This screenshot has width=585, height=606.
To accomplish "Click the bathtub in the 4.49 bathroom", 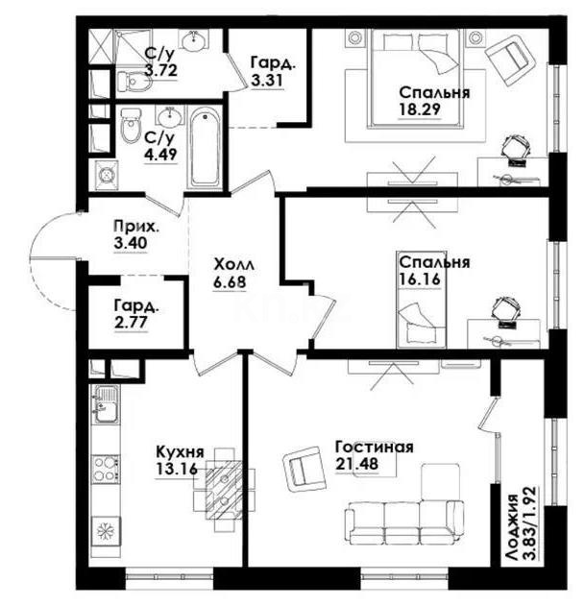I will [x=205, y=149].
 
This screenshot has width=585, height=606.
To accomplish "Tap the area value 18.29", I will [x=421, y=110].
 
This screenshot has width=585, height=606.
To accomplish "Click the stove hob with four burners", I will [x=105, y=470].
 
